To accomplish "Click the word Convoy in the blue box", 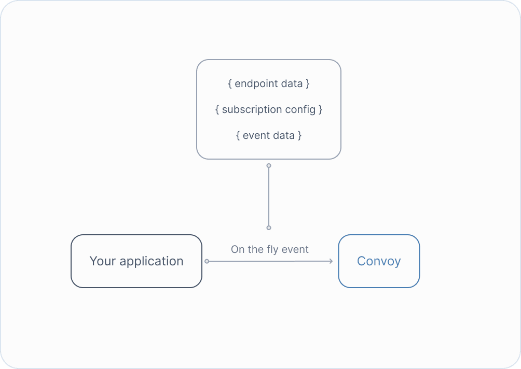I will point(379,261).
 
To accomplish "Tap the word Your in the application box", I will point(102,261).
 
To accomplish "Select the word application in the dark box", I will point(152,262).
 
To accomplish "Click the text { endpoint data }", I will point(269,83).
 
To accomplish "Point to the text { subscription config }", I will point(269,109).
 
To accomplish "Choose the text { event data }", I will point(269,135).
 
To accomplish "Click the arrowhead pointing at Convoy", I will point(331,261).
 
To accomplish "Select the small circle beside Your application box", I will point(207,261).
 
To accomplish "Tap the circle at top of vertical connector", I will point(269,166).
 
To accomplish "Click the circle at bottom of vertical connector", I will point(269,228).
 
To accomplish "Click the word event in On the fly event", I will point(295,249).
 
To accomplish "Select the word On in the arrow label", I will point(238,249).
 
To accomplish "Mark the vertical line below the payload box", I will point(269,197).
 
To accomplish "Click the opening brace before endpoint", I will point(230,83).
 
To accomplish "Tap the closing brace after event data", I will point(299,135).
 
